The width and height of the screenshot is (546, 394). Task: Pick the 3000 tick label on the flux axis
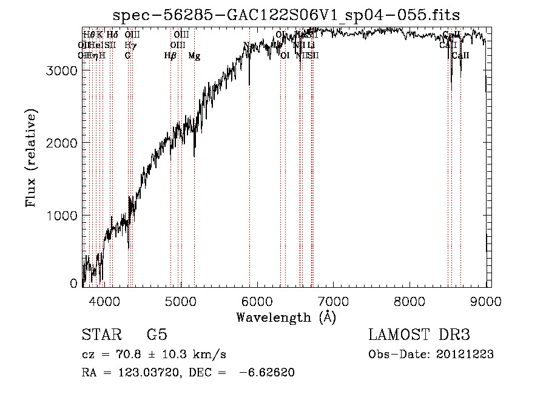(62, 70)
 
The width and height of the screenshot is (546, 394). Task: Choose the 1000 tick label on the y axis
(62, 216)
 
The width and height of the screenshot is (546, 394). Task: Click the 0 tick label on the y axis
(74, 283)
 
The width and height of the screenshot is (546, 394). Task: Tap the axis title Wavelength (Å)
(286, 317)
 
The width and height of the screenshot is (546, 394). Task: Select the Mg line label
(194, 56)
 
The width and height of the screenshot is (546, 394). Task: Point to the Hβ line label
(170, 56)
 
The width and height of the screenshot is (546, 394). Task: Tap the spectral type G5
(157, 335)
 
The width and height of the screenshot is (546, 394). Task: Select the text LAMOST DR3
(419, 335)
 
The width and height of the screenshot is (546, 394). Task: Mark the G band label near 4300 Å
(128, 56)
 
